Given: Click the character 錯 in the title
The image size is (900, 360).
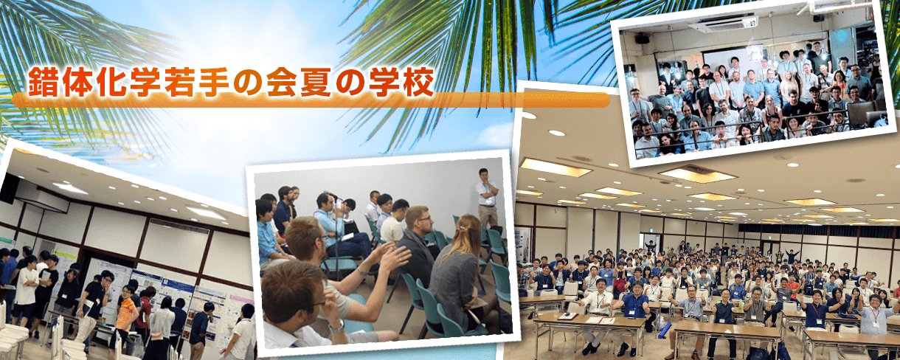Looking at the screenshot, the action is tap(44, 83).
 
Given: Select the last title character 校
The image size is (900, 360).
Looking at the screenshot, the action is tap(419, 83).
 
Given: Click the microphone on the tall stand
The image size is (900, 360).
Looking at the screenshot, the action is tap(333, 195).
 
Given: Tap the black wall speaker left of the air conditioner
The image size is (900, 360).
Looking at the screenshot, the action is tap(642, 38).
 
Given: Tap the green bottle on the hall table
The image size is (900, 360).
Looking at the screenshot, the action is tap(741, 305).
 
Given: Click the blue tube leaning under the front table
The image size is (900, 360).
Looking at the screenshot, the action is tap(665, 330).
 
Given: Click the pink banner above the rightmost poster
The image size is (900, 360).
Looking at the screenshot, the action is tap(241, 300).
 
